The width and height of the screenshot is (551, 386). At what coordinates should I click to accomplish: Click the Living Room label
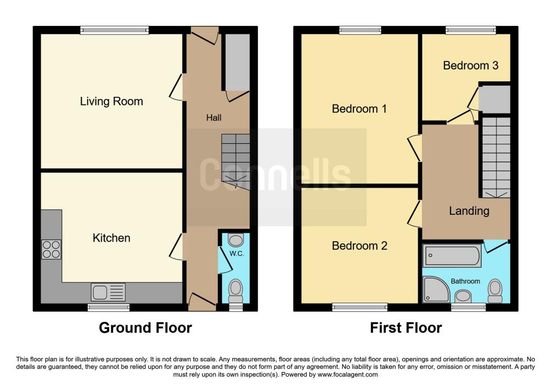(x=111, y=101)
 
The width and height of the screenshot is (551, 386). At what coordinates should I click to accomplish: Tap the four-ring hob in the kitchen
(x=51, y=249)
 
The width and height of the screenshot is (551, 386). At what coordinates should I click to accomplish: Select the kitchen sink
(x=109, y=292)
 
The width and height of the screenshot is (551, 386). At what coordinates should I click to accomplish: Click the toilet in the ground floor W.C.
(x=236, y=291)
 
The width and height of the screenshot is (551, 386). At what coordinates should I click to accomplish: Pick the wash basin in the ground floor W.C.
(x=236, y=239)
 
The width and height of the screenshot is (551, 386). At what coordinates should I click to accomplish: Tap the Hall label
(x=214, y=117)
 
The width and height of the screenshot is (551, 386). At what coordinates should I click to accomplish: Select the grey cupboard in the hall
(x=237, y=62)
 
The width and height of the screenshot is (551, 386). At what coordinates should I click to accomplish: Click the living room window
(x=114, y=31)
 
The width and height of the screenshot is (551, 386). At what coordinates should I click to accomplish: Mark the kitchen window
(x=108, y=307)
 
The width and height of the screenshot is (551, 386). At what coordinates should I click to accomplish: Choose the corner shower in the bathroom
(x=436, y=290)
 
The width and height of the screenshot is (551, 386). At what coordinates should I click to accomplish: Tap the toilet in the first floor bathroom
(x=495, y=290)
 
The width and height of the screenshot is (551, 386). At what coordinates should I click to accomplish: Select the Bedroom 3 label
(x=470, y=66)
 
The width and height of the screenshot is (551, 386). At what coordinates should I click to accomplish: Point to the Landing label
(x=469, y=211)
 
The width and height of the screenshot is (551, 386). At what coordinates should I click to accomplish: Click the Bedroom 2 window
(x=359, y=307)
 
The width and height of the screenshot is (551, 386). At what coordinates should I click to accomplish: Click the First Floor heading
(x=406, y=327)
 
